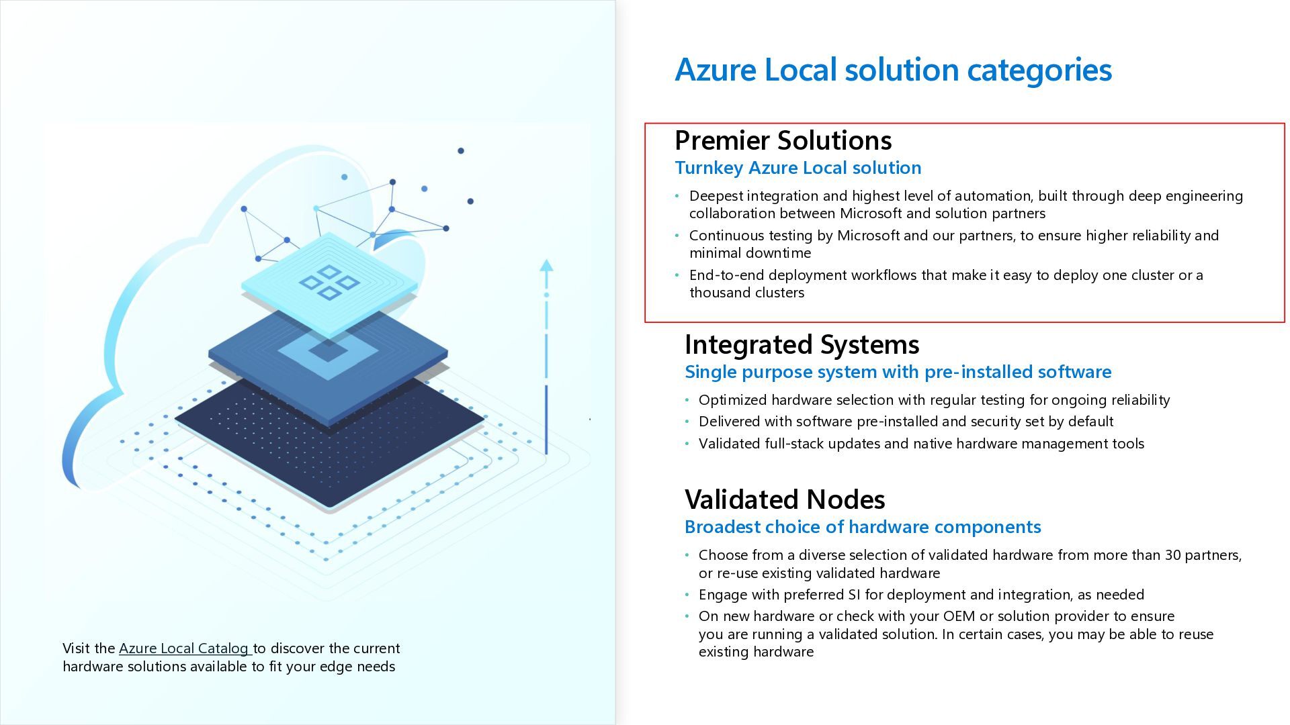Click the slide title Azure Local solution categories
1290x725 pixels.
[893, 70]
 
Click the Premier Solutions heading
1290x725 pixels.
[783, 140]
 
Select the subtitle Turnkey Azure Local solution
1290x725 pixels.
[798, 168]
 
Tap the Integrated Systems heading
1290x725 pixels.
[802, 344]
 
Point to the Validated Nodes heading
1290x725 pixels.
[784, 499]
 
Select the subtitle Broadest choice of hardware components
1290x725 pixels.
[862, 527]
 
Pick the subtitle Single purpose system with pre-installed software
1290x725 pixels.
[898, 372]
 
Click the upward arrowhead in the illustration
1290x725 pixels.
[546, 266]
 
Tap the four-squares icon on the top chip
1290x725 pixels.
[329, 282]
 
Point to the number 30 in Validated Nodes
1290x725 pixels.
[1170, 555]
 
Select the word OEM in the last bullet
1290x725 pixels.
[959, 616]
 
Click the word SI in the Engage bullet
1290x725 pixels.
[854, 595]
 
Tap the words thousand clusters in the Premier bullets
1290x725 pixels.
[746, 293]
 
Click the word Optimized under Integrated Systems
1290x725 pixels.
[732, 400]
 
